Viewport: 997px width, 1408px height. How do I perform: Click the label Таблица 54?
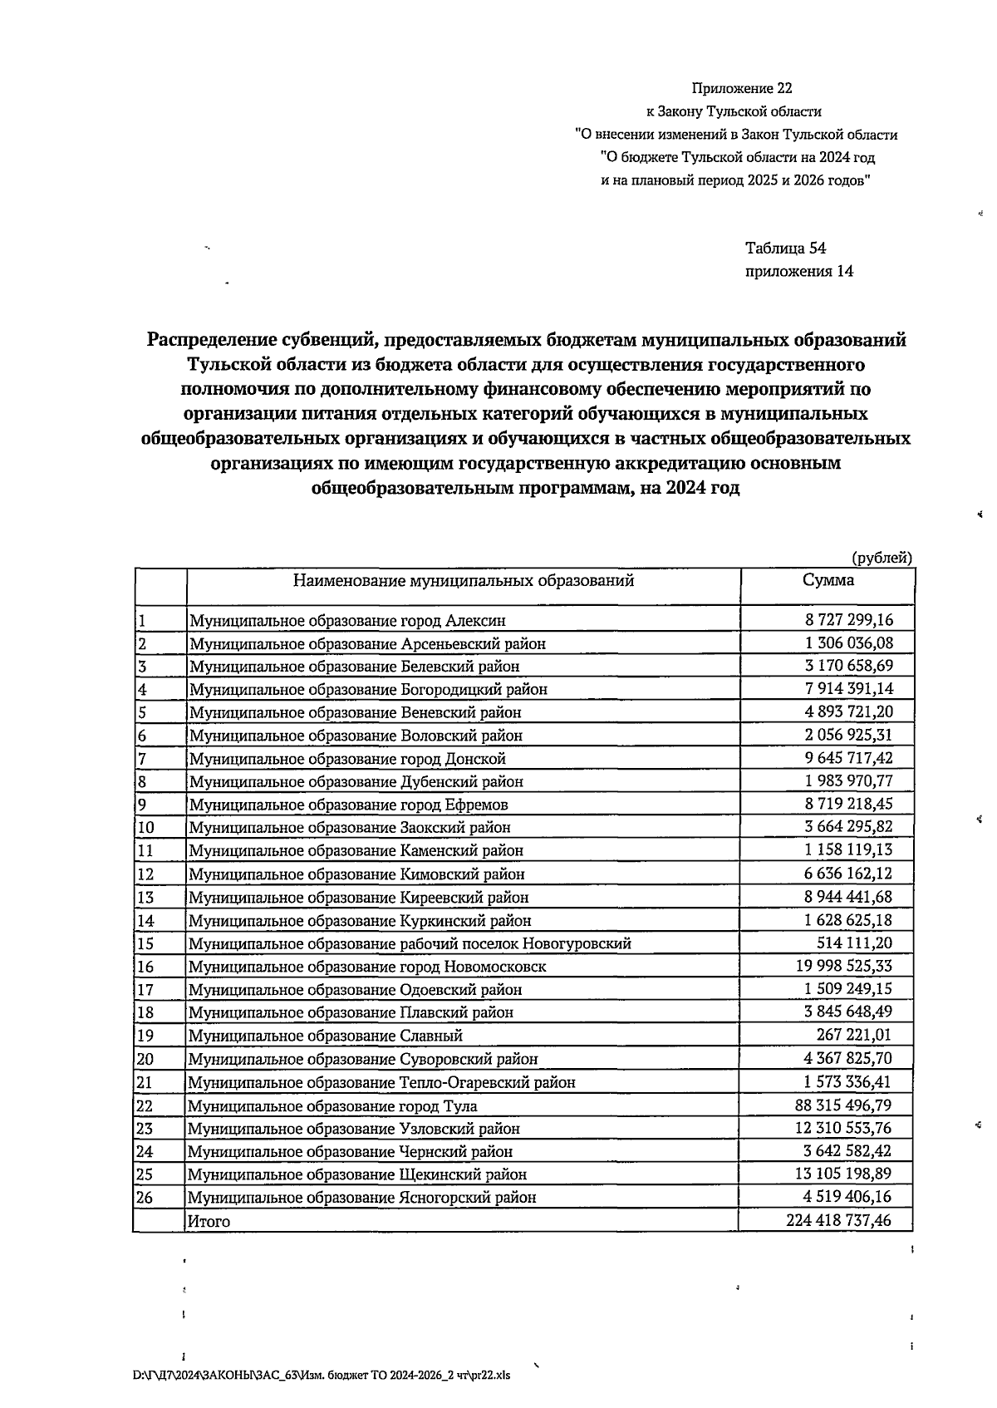tap(785, 248)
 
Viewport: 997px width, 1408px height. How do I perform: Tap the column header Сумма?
tap(828, 580)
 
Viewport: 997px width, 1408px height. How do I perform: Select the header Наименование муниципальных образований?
tap(463, 580)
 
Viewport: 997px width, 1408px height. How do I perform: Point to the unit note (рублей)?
tap(882, 558)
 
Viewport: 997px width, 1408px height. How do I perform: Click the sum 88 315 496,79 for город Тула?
tap(843, 1105)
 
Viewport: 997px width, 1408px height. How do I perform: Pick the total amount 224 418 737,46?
tap(839, 1220)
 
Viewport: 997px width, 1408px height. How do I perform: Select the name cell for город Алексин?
tap(347, 620)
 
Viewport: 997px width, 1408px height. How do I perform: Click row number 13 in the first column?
tap(146, 897)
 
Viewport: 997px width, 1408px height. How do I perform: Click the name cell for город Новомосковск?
tap(367, 967)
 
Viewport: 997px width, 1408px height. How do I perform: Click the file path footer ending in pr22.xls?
tap(322, 1376)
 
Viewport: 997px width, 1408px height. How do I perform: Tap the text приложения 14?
tap(798, 271)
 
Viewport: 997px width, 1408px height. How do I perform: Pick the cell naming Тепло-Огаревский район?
tap(381, 1082)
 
